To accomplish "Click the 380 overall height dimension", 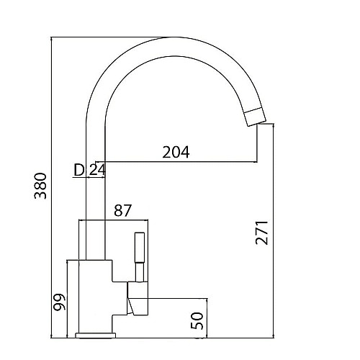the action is [x=40, y=186].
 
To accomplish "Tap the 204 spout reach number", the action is [x=176, y=152].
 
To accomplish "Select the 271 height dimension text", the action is [x=261, y=233].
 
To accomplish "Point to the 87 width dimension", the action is [x=123, y=210].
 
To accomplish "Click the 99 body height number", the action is [x=59, y=302].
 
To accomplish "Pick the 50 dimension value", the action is [x=197, y=320].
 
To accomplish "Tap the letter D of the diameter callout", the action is [x=79, y=170].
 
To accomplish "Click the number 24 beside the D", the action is [x=97, y=170].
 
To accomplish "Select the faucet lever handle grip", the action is [x=140, y=248].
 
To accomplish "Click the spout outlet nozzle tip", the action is [x=256, y=117].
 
